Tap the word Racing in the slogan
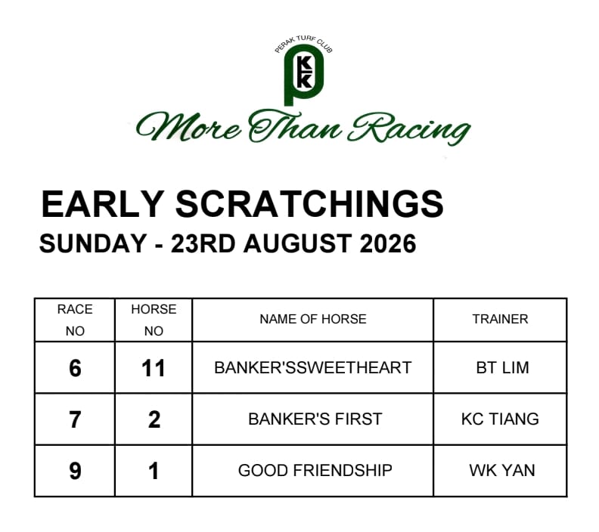409,128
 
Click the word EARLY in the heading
103,204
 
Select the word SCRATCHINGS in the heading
309,204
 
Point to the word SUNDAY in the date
93,243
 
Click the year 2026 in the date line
388,243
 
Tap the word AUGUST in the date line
297,243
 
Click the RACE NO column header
75,320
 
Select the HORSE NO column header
154,320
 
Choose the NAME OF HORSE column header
313,319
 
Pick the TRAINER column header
500,319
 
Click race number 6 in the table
75,368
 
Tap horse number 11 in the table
154,368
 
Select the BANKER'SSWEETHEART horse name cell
313,368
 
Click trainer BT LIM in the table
502,368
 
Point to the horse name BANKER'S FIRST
315,419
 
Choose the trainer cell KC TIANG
500,419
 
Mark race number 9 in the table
75,471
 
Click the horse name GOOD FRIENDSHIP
315,471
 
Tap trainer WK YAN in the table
502,471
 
